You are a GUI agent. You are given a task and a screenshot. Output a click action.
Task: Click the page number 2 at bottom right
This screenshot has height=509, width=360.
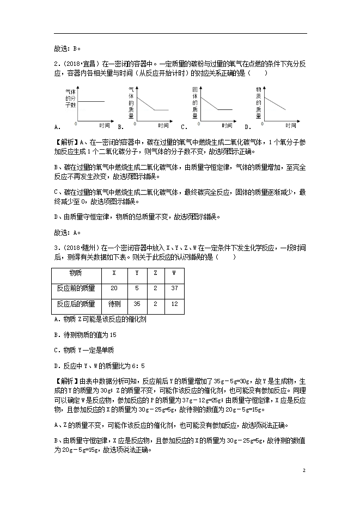point(303,470)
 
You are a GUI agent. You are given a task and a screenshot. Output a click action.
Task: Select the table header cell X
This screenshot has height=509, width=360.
point(113,273)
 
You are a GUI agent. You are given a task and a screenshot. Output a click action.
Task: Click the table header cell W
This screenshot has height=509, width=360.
point(173,273)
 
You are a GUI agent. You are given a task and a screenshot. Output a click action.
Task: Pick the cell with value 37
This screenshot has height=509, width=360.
point(173,288)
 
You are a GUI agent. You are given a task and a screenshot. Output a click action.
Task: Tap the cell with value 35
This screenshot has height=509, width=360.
point(137,304)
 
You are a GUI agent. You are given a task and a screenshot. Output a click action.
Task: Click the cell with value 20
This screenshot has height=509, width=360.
point(113,288)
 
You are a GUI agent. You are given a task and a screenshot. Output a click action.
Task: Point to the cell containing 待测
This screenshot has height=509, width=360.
point(114,304)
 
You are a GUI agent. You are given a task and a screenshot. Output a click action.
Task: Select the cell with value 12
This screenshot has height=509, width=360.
point(173,304)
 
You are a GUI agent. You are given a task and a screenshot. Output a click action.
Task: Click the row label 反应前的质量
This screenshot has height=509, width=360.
point(75,288)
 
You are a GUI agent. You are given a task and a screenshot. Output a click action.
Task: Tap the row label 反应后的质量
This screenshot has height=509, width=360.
point(75,304)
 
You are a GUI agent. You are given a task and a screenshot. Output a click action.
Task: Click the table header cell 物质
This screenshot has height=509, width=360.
point(75,273)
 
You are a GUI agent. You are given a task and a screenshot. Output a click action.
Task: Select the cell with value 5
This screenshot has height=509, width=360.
point(137,288)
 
